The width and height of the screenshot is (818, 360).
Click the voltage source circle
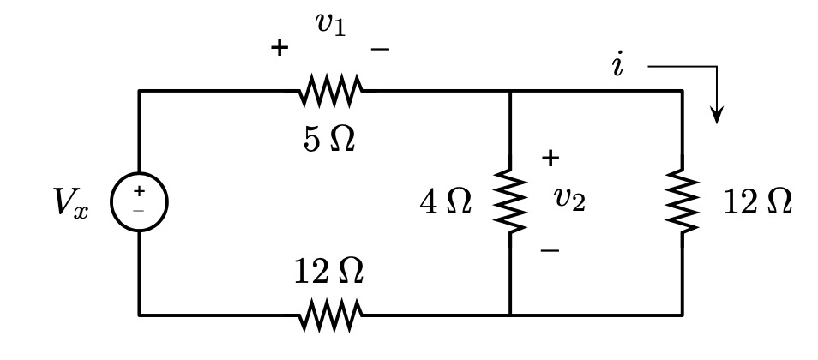coord(139,203)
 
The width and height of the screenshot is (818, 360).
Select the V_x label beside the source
coord(69,204)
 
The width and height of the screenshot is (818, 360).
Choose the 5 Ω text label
coord(329,140)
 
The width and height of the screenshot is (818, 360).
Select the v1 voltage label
coord(330,26)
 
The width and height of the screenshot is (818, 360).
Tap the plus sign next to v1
coord(279,48)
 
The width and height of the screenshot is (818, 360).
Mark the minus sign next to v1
coord(380,49)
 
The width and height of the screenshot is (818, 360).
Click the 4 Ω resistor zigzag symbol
coord(510,203)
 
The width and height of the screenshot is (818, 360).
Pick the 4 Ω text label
coord(445,204)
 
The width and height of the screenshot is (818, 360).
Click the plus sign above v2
coord(550,158)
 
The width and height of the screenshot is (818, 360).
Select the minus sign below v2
coord(550,250)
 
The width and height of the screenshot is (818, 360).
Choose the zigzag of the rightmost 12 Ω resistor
coord(683,203)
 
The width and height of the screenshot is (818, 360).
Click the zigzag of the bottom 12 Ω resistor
coord(331,315)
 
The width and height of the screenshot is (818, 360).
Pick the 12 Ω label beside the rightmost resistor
coord(757,204)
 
